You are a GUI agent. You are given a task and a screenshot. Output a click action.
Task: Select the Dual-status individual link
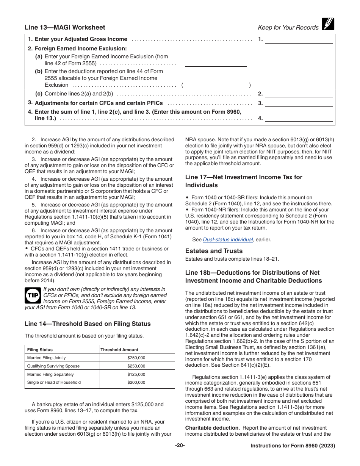pos(228,239)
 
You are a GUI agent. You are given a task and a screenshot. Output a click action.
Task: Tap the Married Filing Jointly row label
pos(46,358)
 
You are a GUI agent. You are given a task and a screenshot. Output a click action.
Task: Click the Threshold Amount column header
pos(119,350)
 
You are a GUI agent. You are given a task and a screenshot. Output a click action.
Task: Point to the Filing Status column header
pos(40,350)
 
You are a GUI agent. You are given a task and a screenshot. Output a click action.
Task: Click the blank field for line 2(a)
pos(216,63)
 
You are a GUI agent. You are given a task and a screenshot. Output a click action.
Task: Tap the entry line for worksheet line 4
pos(299,118)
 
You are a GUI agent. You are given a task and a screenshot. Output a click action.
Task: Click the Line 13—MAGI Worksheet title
pos(65,27)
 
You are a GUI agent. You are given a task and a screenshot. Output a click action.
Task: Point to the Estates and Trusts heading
pos(214,251)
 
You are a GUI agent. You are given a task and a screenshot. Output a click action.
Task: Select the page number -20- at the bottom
pos(180,446)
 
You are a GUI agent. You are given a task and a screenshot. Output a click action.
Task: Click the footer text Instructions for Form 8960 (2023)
pos(293,446)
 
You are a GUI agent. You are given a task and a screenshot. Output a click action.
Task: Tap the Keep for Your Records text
pos(288,27)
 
